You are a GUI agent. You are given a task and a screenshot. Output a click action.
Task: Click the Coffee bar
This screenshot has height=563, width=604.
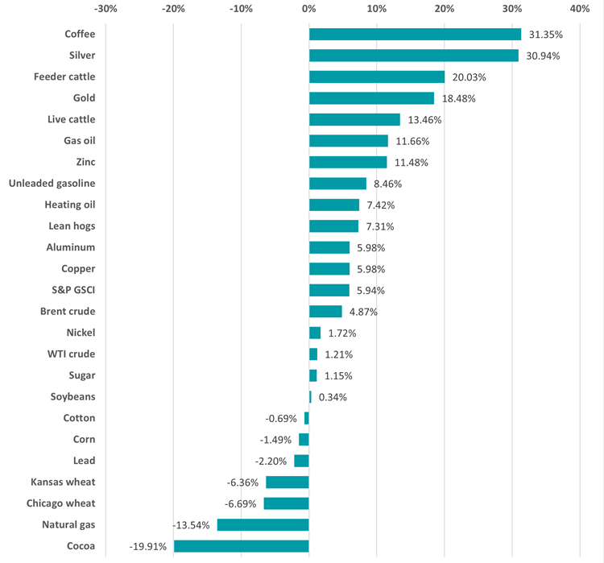click(415, 35)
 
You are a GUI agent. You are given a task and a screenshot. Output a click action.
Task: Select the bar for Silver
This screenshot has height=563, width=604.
click(413, 56)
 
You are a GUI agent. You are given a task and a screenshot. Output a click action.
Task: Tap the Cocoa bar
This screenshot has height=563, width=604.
click(242, 546)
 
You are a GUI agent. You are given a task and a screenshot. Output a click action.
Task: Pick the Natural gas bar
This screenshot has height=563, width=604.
click(263, 525)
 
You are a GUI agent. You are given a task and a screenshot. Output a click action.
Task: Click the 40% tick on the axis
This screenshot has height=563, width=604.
click(579, 9)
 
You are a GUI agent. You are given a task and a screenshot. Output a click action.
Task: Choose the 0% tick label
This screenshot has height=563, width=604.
click(308, 9)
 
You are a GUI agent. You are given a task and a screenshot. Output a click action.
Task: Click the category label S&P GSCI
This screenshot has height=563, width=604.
click(72, 290)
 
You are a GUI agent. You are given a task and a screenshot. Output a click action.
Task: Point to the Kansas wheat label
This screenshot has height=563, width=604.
click(63, 482)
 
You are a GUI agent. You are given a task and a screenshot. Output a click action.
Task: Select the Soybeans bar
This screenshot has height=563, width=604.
click(310, 397)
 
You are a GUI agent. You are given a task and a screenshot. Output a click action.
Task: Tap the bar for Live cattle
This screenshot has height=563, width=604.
click(354, 120)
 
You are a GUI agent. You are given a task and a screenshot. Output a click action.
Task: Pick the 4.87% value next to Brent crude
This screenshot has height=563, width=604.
click(363, 312)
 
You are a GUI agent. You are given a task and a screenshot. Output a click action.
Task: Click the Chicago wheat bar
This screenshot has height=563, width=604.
click(286, 503)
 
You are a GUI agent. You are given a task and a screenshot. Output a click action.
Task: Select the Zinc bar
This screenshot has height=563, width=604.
click(348, 163)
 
